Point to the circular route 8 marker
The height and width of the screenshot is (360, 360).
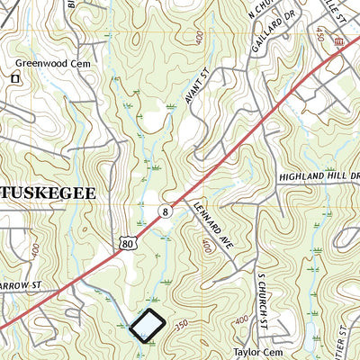[165, 211]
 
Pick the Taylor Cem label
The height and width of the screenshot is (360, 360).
[258, 352]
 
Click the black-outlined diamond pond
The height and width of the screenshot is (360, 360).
[148, 325]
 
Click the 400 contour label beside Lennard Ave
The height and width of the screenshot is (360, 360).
[208, 246]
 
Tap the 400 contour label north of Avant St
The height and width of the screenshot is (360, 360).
[195, 37]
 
